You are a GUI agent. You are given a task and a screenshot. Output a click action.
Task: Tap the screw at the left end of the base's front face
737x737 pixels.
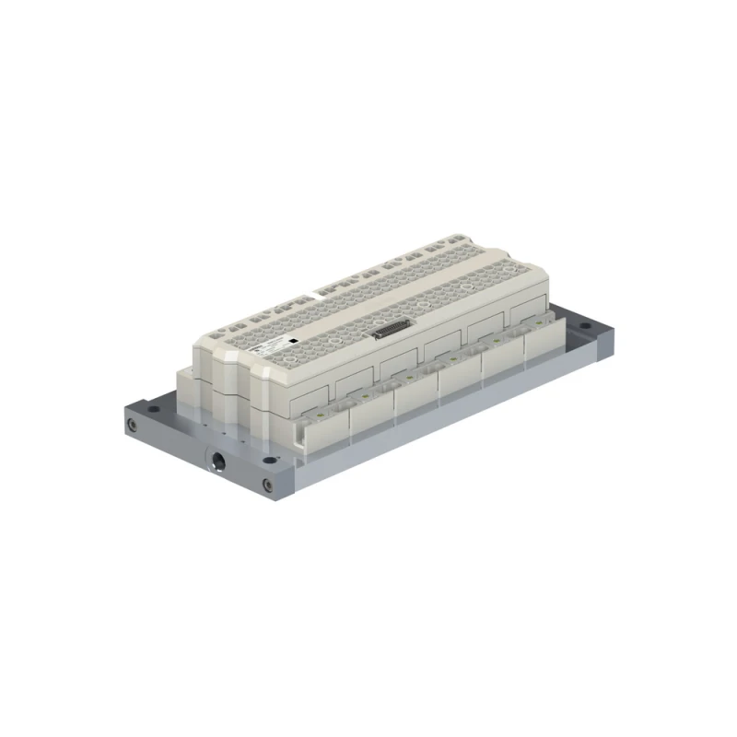pyautogui.click(x=135, y=425)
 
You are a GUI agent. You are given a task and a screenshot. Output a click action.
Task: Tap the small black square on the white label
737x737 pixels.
pyautogui.click(x=291, y=340)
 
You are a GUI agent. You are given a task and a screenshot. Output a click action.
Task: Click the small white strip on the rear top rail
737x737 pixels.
pyautogui.click(x=319, y=295)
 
